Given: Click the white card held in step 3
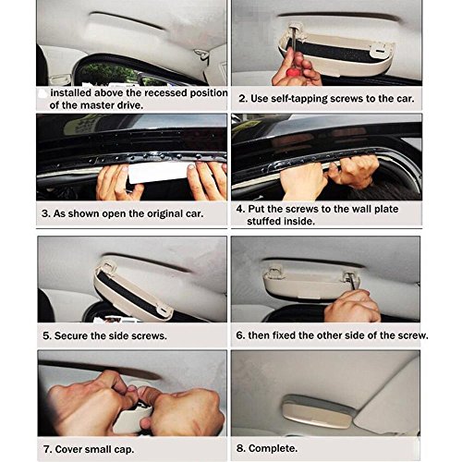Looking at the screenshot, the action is click(159, 173).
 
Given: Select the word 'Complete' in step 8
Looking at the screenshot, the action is click(273, 448).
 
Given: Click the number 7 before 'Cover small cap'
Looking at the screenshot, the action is click(47, 449).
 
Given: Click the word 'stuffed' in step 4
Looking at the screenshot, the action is click(262, 222).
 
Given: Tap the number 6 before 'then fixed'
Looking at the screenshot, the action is click(240, 335).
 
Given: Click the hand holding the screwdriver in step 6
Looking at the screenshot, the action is click(353, 307).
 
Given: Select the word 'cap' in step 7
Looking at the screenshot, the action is click(124, 450).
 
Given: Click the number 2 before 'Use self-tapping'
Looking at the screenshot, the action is click(242, 99).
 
